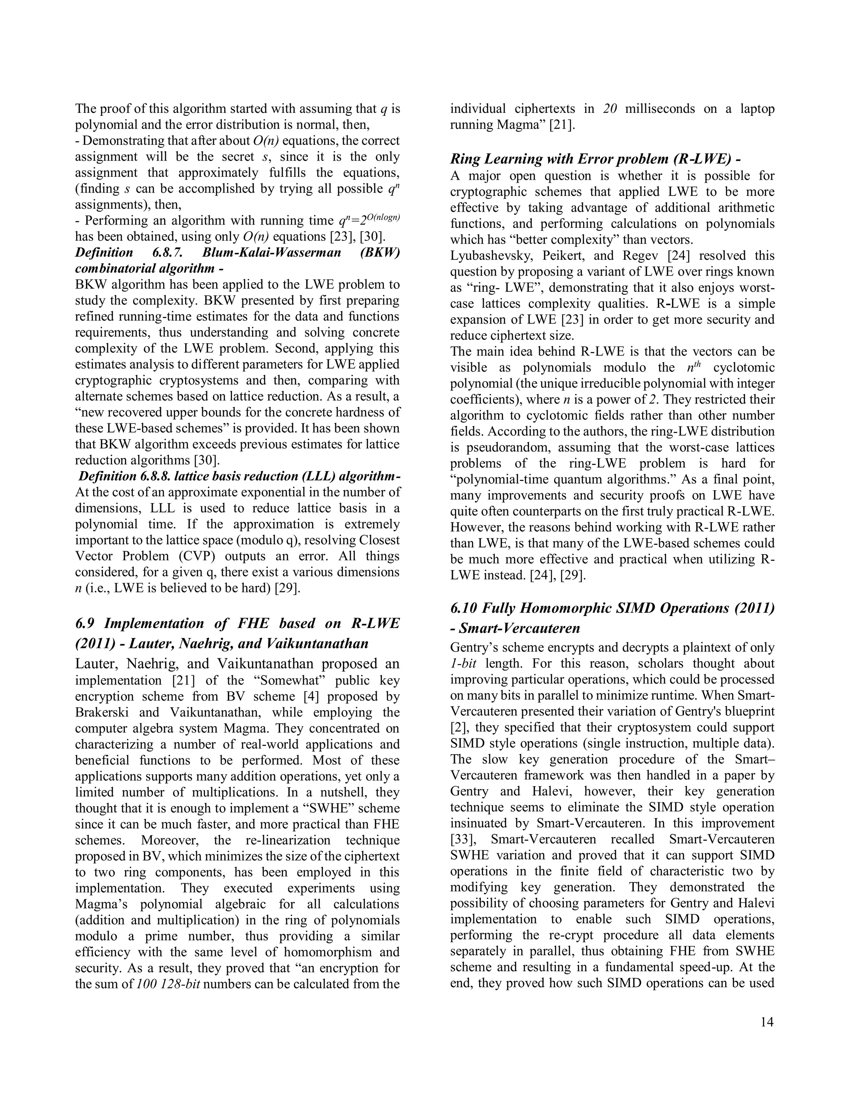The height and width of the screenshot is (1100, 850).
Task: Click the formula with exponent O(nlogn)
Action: coord(369,220)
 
